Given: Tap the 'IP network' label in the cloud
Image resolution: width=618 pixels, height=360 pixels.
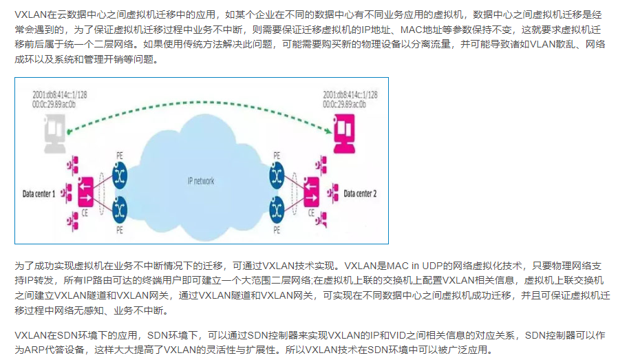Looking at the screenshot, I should point(201,182).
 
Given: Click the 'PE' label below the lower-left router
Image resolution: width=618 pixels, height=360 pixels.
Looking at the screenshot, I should point(120,228).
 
